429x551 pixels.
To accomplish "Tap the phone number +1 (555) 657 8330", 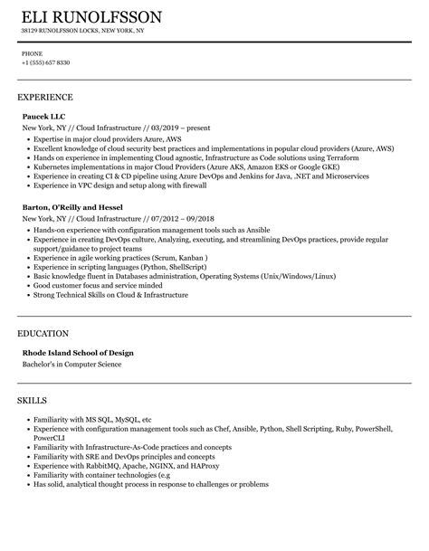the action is pyautogui.click(x=45, y=62).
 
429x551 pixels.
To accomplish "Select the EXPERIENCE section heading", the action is pyautogui.click(x=45, y=96).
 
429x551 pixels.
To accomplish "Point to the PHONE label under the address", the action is pyautogui.click(x=32, y=53).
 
